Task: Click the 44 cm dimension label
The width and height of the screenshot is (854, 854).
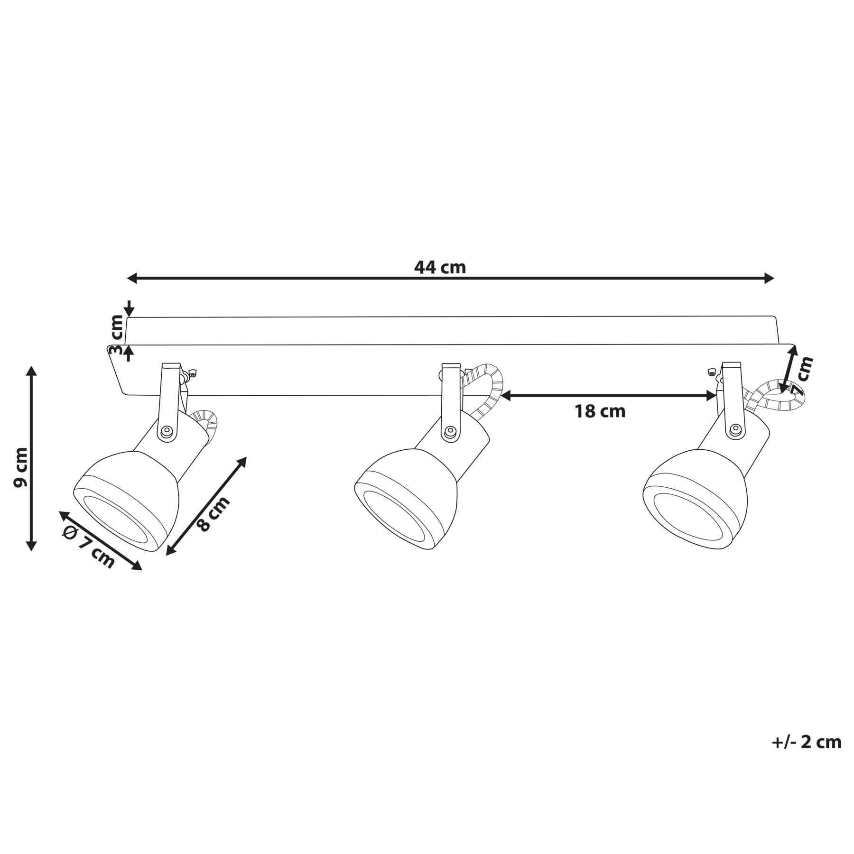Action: coord(440,268)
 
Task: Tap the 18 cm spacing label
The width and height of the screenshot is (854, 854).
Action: coord(600,411)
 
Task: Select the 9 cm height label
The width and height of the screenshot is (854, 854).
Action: coord(21,467)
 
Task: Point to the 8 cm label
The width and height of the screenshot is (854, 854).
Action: coord(213,514)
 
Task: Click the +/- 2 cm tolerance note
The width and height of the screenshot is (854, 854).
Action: coord(807,742)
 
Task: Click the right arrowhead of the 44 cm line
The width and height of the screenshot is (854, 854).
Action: coord(769,278)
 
